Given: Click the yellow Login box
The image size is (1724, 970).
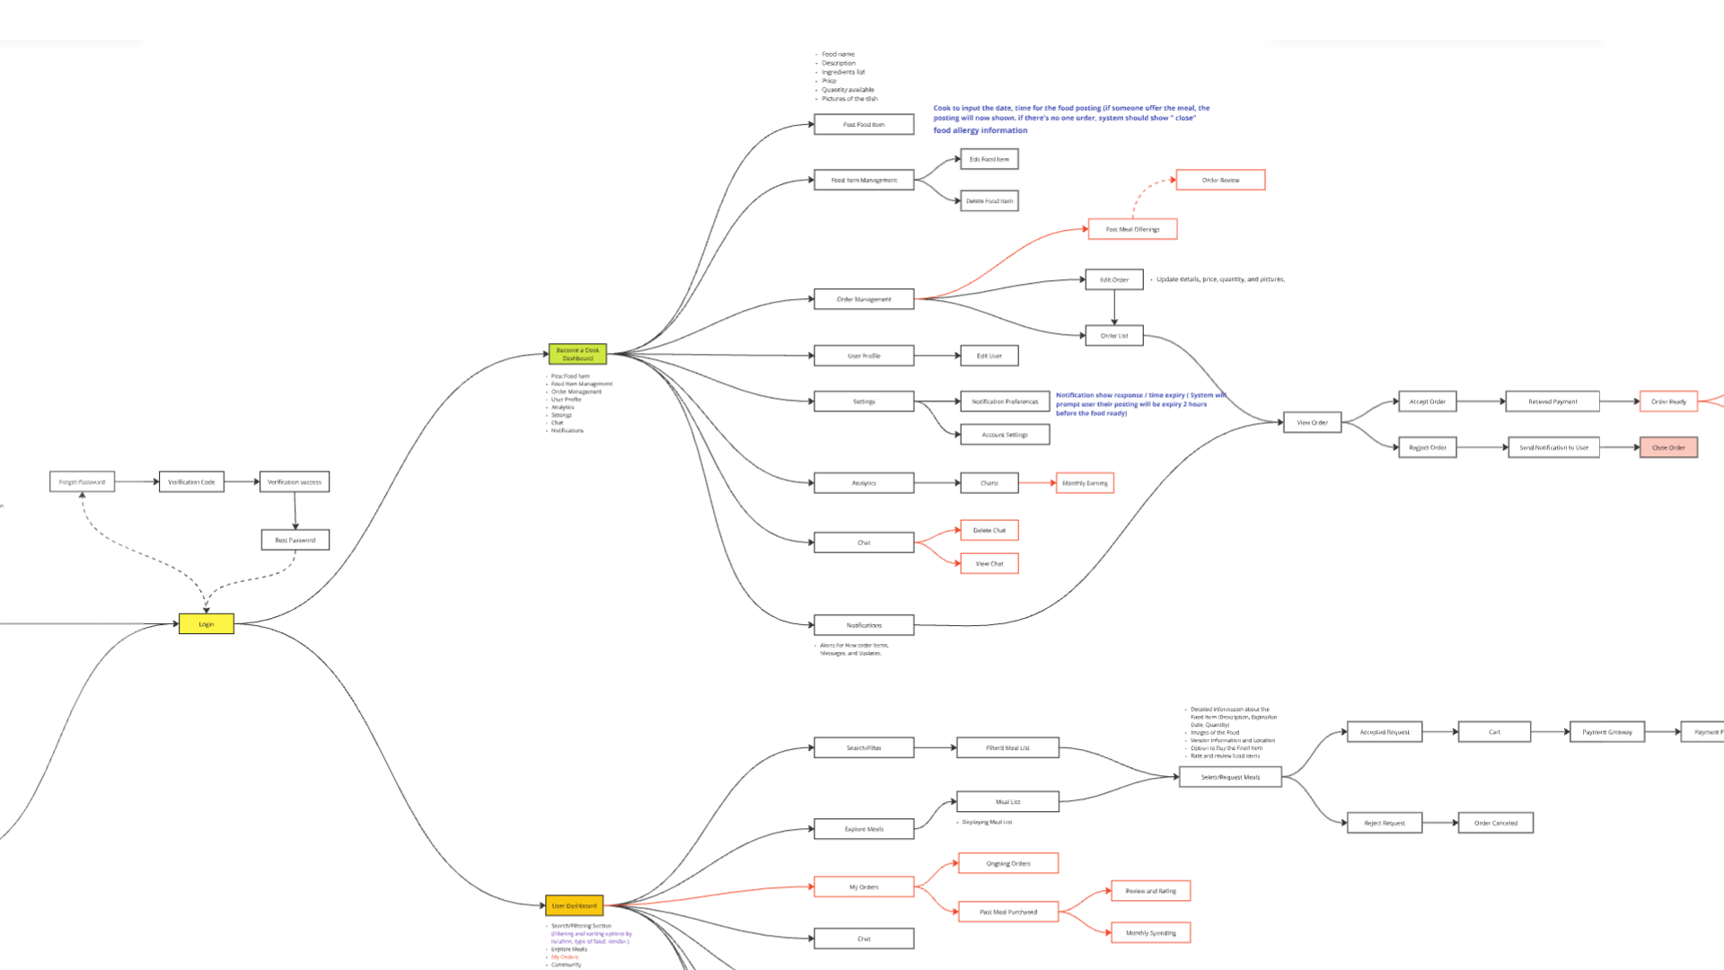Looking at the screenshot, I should pyautogui.click(x=207, y=624).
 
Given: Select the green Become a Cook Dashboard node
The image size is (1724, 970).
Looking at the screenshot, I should pyautogui.click(x=577, y=354).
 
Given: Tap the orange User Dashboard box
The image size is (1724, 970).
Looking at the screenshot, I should pyautogui.click(x=575, y=905).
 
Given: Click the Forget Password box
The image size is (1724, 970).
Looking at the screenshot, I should pyautogui.click(x=82, y=482).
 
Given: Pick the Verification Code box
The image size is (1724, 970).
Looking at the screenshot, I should pyautogui.click(x=191, y=482).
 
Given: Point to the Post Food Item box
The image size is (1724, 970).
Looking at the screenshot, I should pyautogui.click(x=864, y=125).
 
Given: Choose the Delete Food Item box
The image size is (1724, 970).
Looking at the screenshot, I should pyautogui.click(x=990, y=201).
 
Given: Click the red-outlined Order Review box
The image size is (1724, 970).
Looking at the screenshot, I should pyautogui.click(x=1220, y=181).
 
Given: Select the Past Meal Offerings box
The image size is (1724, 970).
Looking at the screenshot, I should pyautogui.click(x=1132, y=230).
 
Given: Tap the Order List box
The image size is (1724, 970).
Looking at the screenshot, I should pyautogui.click(x=1114, y=336).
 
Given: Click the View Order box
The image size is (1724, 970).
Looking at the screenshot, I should pyautogui.click(x=1312, y=422).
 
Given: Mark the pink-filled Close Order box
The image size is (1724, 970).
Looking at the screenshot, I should pyautogui.click(x=1668, y=447).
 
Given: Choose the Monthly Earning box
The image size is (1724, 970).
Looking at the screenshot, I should pyautogui.click(x=1085, y=483).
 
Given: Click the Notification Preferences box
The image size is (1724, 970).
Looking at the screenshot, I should pyautogui.click(x=1005, y=401).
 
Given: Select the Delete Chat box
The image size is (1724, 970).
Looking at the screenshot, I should pyautogui.click(x=990, y=531).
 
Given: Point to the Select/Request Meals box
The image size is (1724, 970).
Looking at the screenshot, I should pyautogui.click(x=1230, y=777).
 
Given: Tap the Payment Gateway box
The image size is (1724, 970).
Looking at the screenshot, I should pyautogui.click(x=1607, y=732).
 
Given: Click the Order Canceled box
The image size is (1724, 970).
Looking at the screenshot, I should pyautogui.click(x=1496, y=823).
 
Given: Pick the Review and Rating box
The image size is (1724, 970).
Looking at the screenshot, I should pyautogui.click(x=1151, y=891).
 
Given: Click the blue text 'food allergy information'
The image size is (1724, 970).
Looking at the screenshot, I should pyautogui.click(x=981, y=131).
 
